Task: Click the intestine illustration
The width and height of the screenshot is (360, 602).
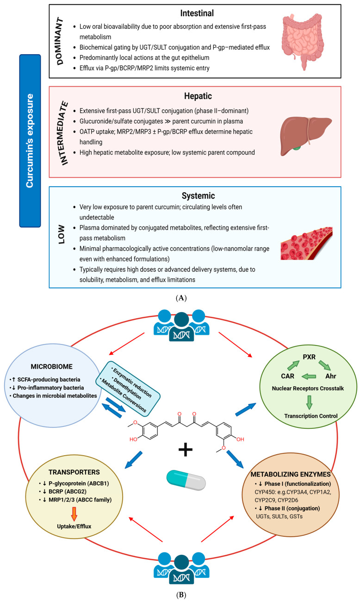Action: pyautogui.click(x=303, y=42)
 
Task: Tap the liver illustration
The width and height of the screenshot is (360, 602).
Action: pyautogui.click(x=306, y=136)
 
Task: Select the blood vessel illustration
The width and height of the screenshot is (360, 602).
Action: pyautogui.click(x=307, y=243)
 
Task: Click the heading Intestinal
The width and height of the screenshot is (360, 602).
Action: pyautogui.click(x=197, y=13)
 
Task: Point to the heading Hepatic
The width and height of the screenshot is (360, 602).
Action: pyautogui.click(x=198, y=96)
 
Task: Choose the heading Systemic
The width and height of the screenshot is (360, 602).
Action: pyautogui.click(x=198, y=195)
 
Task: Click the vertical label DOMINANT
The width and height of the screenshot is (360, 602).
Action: pyautogui.click(x=60, y=41)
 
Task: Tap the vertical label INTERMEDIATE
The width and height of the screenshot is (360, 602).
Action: pyautogui.click(x=63, y=133)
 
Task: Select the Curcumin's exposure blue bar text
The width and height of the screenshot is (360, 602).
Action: pyautogui.click(x=30, y=141)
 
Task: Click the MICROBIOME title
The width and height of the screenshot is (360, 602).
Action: pyautogui.click(x=51, y=367)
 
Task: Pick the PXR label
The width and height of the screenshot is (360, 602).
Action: pyautogui.click(x=309, y=357)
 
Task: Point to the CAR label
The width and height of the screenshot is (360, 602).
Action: pyautogui.click(x=287, y=376)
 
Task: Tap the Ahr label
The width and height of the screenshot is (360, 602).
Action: pyautogui.click(x=330, y=376)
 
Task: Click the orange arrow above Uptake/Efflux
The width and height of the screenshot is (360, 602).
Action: pyautogui.click(x=74, y=514)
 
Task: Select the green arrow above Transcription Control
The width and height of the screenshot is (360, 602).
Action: pyautogui.click(x=309, y=402)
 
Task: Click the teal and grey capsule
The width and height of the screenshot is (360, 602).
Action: pyautogui.click(x=186, y=480)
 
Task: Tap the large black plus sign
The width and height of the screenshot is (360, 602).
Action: pyautogui.click(x=186, y=449)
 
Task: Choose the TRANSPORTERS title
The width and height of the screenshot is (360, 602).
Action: pyautogui.click(x=74, y=472)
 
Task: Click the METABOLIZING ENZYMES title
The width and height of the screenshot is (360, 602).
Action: pyautogui.click(x=291, y=474)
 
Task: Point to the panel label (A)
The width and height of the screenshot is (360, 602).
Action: pyautogui.click(x=181, y=298)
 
